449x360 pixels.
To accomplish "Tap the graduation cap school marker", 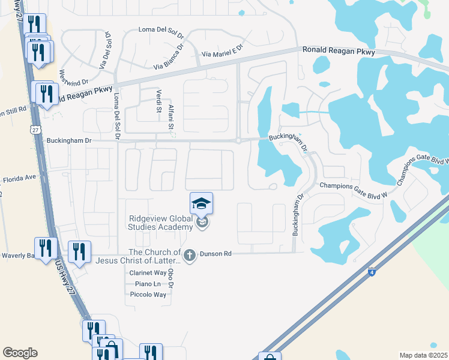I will (x=201, y=204).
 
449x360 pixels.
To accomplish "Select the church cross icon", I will (x=190, y=256).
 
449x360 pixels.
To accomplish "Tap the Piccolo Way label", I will (x=148, y=295).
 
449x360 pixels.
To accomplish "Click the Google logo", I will (x=20, y=353).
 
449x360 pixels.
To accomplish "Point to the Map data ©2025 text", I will (x=423, y=355).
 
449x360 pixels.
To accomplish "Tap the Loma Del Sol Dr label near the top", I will (x=161, y=29).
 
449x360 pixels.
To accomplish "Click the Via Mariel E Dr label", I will (x=222, y=50).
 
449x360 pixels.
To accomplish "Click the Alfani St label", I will (x=170, y=116).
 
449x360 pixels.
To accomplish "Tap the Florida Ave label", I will (x=20, y=178).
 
